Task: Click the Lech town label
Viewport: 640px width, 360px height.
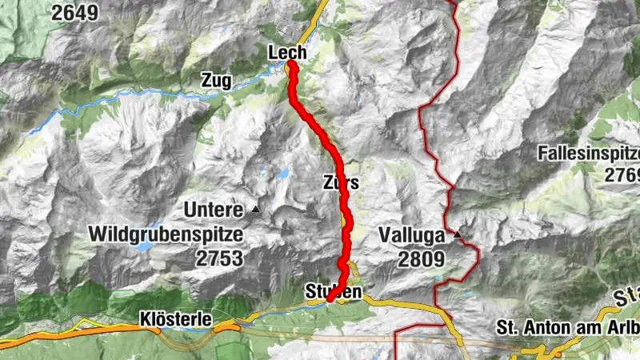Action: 287,53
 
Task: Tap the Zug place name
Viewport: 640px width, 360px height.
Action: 217,80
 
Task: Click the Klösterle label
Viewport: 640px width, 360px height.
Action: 175,319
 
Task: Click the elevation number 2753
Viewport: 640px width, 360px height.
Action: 218,258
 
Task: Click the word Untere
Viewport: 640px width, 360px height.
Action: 212,210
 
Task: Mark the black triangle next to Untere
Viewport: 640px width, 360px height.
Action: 256,209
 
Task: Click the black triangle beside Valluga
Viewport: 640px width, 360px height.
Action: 458,235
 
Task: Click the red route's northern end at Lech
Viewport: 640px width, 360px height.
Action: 292,64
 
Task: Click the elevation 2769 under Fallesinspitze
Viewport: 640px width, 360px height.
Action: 623,174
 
